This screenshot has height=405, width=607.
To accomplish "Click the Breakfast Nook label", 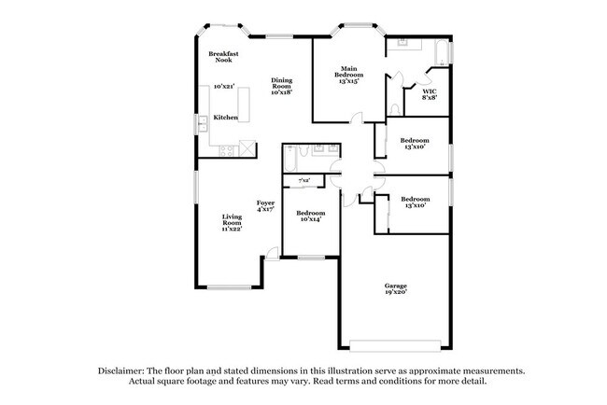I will coord(224,57).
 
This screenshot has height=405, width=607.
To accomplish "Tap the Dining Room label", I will coord(282,86).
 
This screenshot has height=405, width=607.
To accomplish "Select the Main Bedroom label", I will coord(350,75).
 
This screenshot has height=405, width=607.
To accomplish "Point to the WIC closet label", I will coord(430,93).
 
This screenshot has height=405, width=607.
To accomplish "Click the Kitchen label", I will coord(225,118).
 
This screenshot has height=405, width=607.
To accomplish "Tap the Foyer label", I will coord(266,205).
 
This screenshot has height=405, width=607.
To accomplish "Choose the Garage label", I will coord(396,288).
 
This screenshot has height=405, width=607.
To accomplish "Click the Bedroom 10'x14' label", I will coord(310,216).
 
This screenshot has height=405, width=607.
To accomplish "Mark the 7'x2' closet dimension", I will coord(303,180).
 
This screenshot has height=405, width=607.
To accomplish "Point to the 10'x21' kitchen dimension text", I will coord(223,86).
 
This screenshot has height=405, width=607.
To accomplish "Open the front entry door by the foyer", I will coord(272,253).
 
